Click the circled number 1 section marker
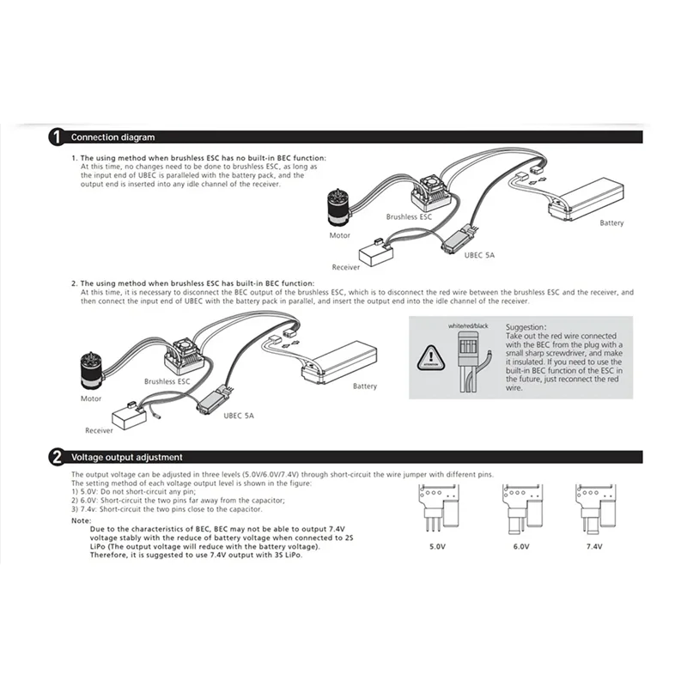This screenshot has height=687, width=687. pos(57,137)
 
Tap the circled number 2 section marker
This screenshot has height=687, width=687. pos(57,457)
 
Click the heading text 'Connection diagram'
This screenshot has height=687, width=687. pos(112,137)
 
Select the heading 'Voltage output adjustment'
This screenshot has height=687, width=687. pos(126,457)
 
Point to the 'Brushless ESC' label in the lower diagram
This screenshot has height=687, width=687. pos(167,380)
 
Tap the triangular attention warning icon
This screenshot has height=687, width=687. pos(431,356)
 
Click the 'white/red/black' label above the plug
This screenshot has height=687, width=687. pos(468,327)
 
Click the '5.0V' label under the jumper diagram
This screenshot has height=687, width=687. pos(435,544)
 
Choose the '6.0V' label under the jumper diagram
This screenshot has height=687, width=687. pos(520,544)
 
